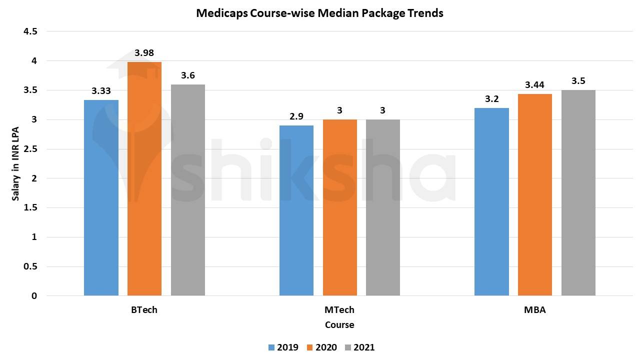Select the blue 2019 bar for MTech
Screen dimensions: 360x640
pos(296,210)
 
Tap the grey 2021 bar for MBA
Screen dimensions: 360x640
pos(578,192)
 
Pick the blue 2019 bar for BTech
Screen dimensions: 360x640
pos(101,197)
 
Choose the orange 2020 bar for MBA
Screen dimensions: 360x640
pos(535,194)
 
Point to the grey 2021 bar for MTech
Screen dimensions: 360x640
pos(383,207)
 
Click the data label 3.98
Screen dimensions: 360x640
pos(144,53)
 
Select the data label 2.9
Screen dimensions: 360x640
pos(296,116)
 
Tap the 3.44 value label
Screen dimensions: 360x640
pos(534,85)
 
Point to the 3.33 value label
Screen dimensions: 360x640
pos(101,91)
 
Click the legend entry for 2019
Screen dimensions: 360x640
pos(283,347)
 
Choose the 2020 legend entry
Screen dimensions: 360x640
pos(321,347)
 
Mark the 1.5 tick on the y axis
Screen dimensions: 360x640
pos(30,207)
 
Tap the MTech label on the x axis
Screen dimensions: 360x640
pos(339,310)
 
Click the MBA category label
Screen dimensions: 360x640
pos(534,310)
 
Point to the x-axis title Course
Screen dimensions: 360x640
pos(339,325)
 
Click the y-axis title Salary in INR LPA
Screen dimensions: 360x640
pos(16,163)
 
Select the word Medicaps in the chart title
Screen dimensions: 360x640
pos(219,13)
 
